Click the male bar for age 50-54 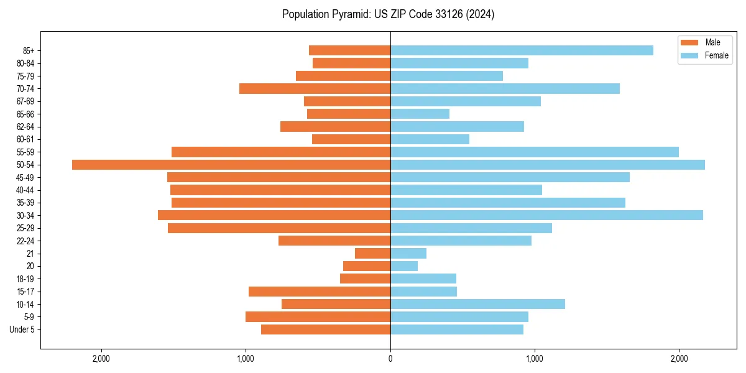tap(231, 165)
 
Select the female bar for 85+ tap(522, 50)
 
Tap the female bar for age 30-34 tap(546, 215)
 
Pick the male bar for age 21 tap(372, 254)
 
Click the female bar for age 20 tap(404, 266)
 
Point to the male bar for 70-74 tap(315, 88)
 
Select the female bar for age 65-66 tap(420, 114)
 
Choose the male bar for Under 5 tap(326, 329)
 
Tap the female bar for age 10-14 tap(477, 304)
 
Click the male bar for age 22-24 tap(334, 241)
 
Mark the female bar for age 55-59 tap(535, 152)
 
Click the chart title tap(388, 14)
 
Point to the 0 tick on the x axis tap(390, 358)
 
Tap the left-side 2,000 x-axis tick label tap(101, 358)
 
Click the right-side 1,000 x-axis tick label tap(535, 358)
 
